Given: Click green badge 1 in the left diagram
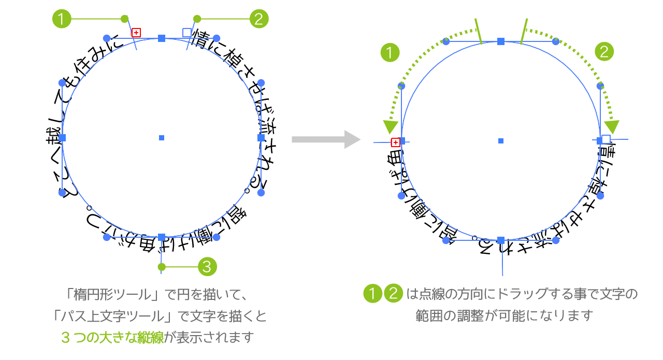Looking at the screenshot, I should (62, 19).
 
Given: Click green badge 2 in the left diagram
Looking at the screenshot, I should (258, 19).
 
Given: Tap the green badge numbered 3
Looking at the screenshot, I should (207, 267).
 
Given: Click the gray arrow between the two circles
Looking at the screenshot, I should (326, 139).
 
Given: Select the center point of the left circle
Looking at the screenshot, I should (162, 138).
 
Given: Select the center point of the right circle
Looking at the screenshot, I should (501, 140).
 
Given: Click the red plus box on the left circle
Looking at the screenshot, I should (136, 33).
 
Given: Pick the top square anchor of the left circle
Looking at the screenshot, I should (162, 38).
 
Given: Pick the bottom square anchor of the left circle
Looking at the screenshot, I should (162, 237).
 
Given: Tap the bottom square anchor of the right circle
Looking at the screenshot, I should (501, 240).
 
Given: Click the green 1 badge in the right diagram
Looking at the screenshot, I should (390, 52).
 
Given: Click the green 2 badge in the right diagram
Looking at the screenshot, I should (604, 52).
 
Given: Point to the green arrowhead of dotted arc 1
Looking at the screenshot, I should (391, 127).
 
